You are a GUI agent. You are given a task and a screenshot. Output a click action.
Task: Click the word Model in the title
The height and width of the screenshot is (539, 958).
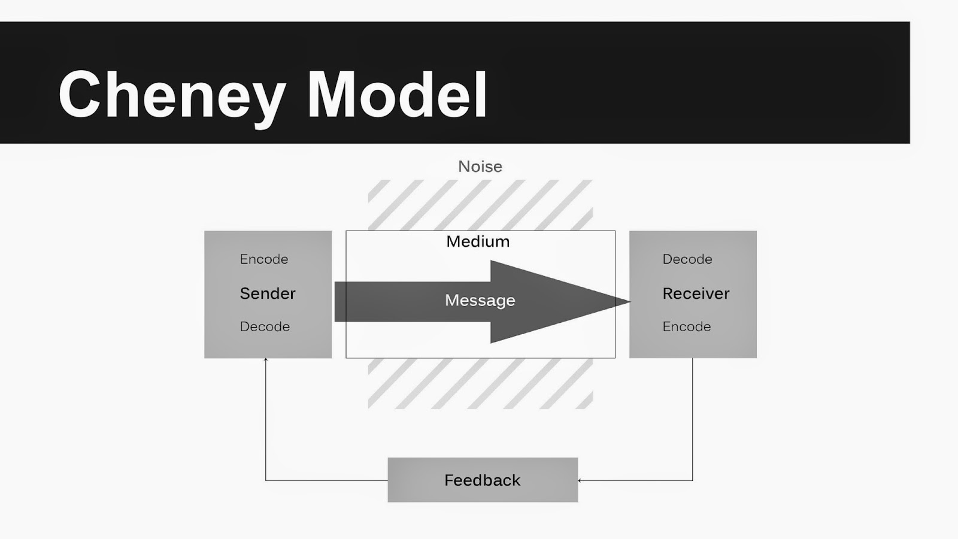click(x=397, y=95)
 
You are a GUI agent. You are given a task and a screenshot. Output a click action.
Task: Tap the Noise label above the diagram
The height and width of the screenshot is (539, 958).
click(x=480, y=166)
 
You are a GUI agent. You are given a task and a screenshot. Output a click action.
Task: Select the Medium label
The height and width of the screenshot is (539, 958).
click(x=478, y=241)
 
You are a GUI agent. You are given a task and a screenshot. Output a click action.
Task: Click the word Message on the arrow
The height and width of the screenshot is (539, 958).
click(x=480, y=300)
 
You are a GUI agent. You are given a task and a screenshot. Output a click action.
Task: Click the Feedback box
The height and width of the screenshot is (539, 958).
click(x=483, y=480)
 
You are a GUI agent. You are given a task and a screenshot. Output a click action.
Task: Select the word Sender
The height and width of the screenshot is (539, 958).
click(x=268, y=293)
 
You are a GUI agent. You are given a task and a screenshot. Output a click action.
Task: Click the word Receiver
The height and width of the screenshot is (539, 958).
click(x=696, y=293)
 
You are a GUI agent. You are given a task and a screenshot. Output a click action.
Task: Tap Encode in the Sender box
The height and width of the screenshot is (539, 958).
click(x=264, y=259)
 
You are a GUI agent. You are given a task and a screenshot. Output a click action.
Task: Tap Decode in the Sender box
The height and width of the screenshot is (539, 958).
click(x=265, y=326)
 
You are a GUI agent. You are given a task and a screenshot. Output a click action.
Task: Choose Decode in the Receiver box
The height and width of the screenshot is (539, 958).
click(x=687, y=259)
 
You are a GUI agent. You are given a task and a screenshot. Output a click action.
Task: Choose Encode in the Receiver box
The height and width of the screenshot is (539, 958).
click(x=687, y=326)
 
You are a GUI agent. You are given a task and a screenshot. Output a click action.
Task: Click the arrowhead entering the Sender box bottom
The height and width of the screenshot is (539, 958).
click(x=266, y=360)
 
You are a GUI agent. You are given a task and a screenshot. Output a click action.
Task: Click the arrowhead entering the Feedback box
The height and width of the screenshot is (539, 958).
click(x=580, y=480)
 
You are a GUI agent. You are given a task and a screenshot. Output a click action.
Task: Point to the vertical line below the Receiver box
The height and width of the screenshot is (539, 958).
click(x=693, y=419)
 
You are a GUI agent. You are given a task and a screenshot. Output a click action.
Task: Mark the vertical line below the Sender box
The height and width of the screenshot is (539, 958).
click(x=266, y=419)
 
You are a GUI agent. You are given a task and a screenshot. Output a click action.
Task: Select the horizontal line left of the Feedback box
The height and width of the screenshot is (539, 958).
click(x=326, y=480)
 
